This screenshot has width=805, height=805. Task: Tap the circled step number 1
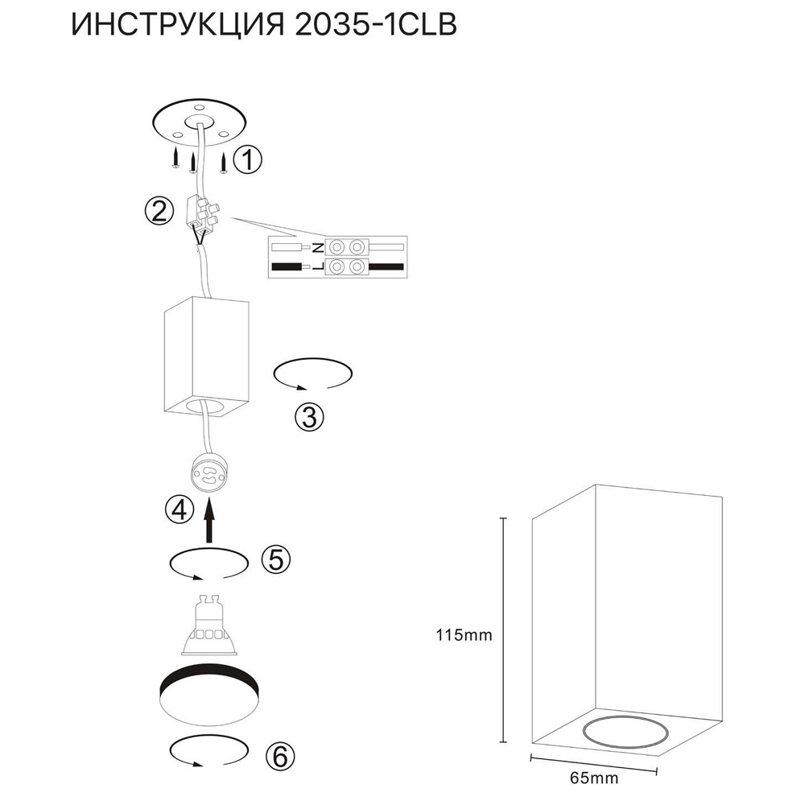[250, 160]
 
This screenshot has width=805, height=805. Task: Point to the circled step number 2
[159, 211]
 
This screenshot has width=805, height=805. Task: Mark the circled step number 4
[179, 509]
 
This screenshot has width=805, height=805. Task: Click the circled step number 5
[275, 560]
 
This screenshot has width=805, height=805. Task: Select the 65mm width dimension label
[590, 778]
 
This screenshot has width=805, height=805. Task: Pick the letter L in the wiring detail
[317, 266]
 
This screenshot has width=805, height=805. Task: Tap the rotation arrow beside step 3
[313, 375]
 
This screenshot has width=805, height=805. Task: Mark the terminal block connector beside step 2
[204, 213]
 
